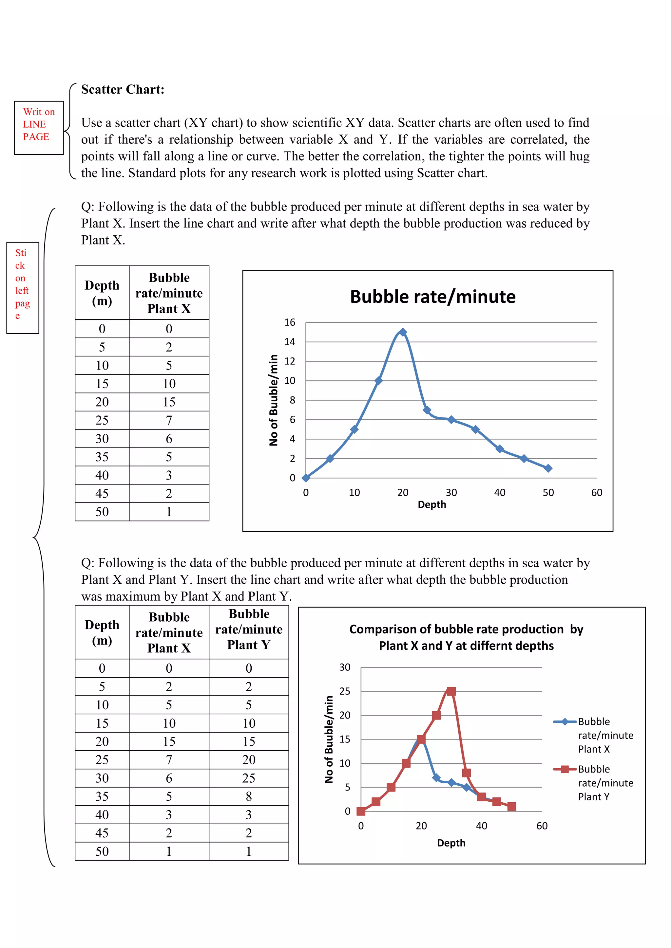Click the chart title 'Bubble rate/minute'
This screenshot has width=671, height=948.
[x=432, y=297]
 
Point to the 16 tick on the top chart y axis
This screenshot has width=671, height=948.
[x=290, y=322]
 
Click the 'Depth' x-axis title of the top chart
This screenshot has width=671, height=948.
[x=432, y=504]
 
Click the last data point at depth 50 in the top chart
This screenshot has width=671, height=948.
[x=548, y=468]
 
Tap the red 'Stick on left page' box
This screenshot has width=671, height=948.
[x=23, y=287]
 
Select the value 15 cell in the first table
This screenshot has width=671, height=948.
[x=169, y=402]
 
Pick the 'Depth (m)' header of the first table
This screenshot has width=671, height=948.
[x=102, y=293]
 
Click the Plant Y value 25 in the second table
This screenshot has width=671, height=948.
[x=248, y=778]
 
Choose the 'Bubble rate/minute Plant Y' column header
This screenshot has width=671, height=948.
[x=249, y=629]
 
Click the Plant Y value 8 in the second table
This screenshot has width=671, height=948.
[x=248, y=796]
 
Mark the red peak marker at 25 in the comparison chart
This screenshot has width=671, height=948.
[x=451, y=691]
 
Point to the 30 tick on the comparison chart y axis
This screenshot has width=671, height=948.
[x=345, y=667]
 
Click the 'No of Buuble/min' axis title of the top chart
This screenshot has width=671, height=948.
[x=274, y=400]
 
